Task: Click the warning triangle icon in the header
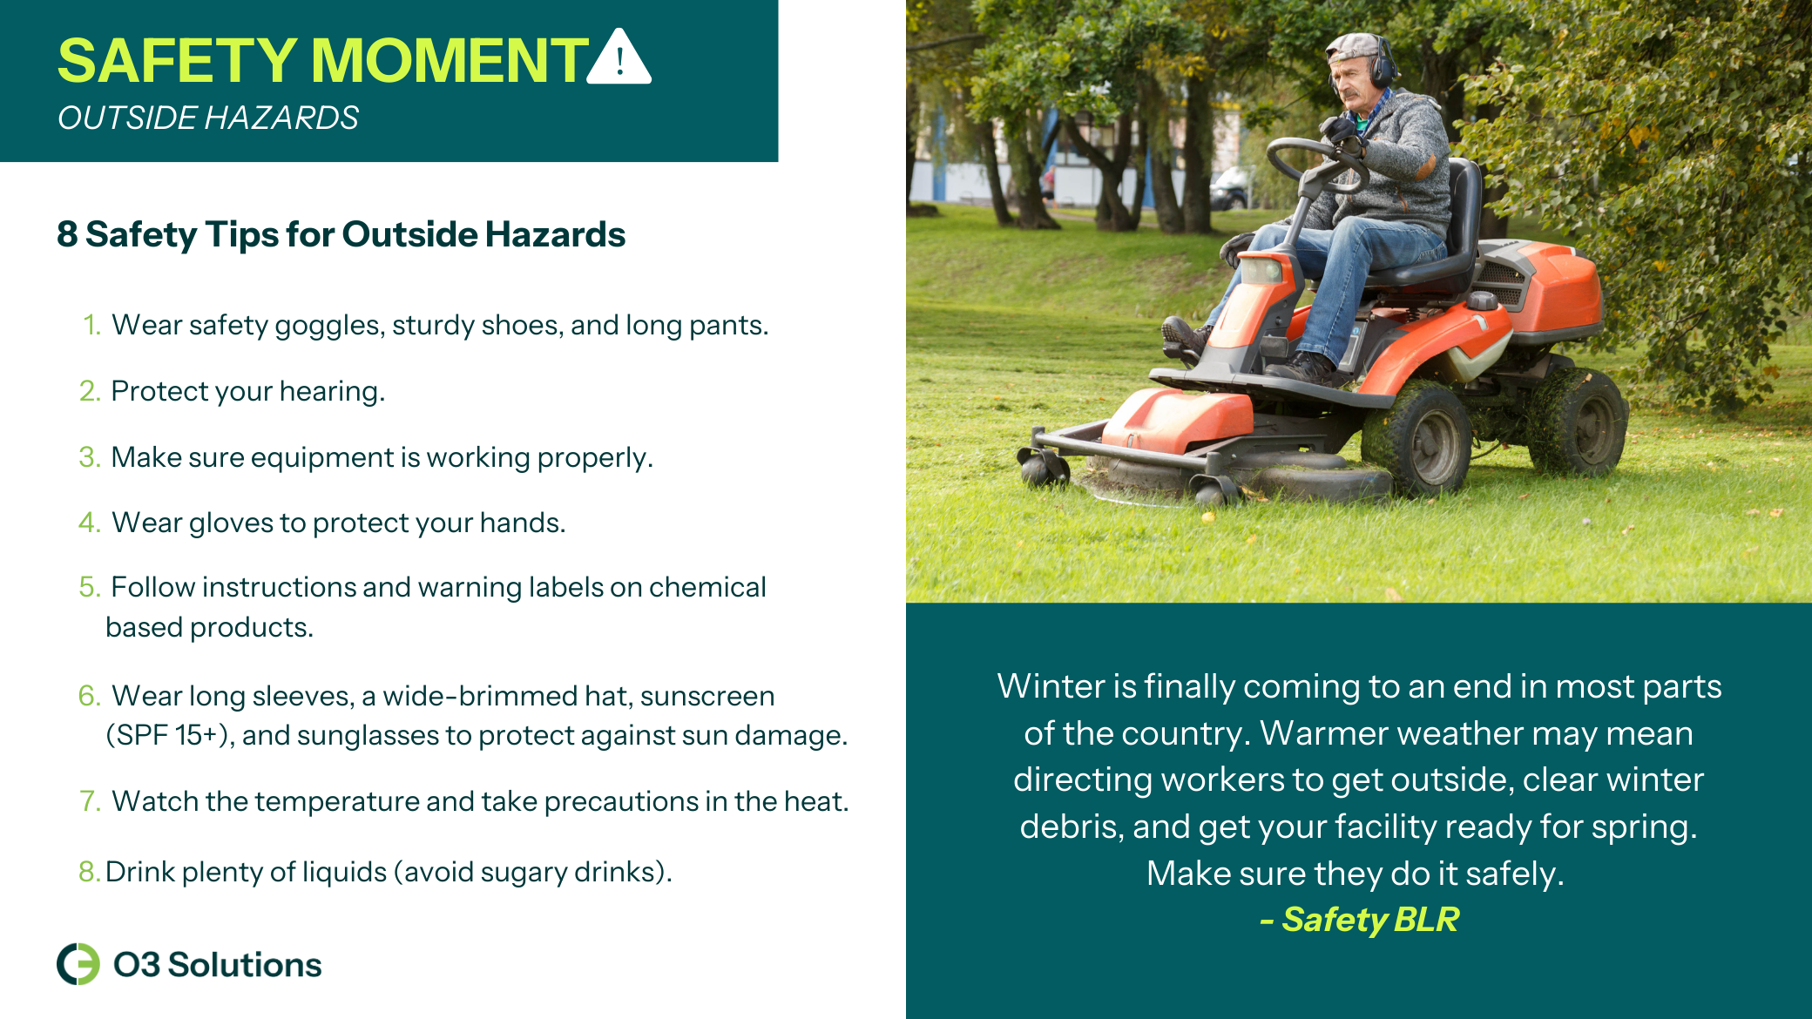click(x=619, y=57)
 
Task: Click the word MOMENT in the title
click(x=450, y=61)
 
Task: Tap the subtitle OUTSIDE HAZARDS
click(x=208, y=118)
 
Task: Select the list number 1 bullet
click(x=91, y=325)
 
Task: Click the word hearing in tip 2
click(x=332, y=392)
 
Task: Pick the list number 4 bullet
click(x=90, y=523)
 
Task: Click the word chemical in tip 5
click(x=707, y=587)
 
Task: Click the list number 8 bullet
click(x=88, y=872)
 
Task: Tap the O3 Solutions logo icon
click(x=78, y=964)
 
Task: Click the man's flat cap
click(x=1356, y=47)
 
